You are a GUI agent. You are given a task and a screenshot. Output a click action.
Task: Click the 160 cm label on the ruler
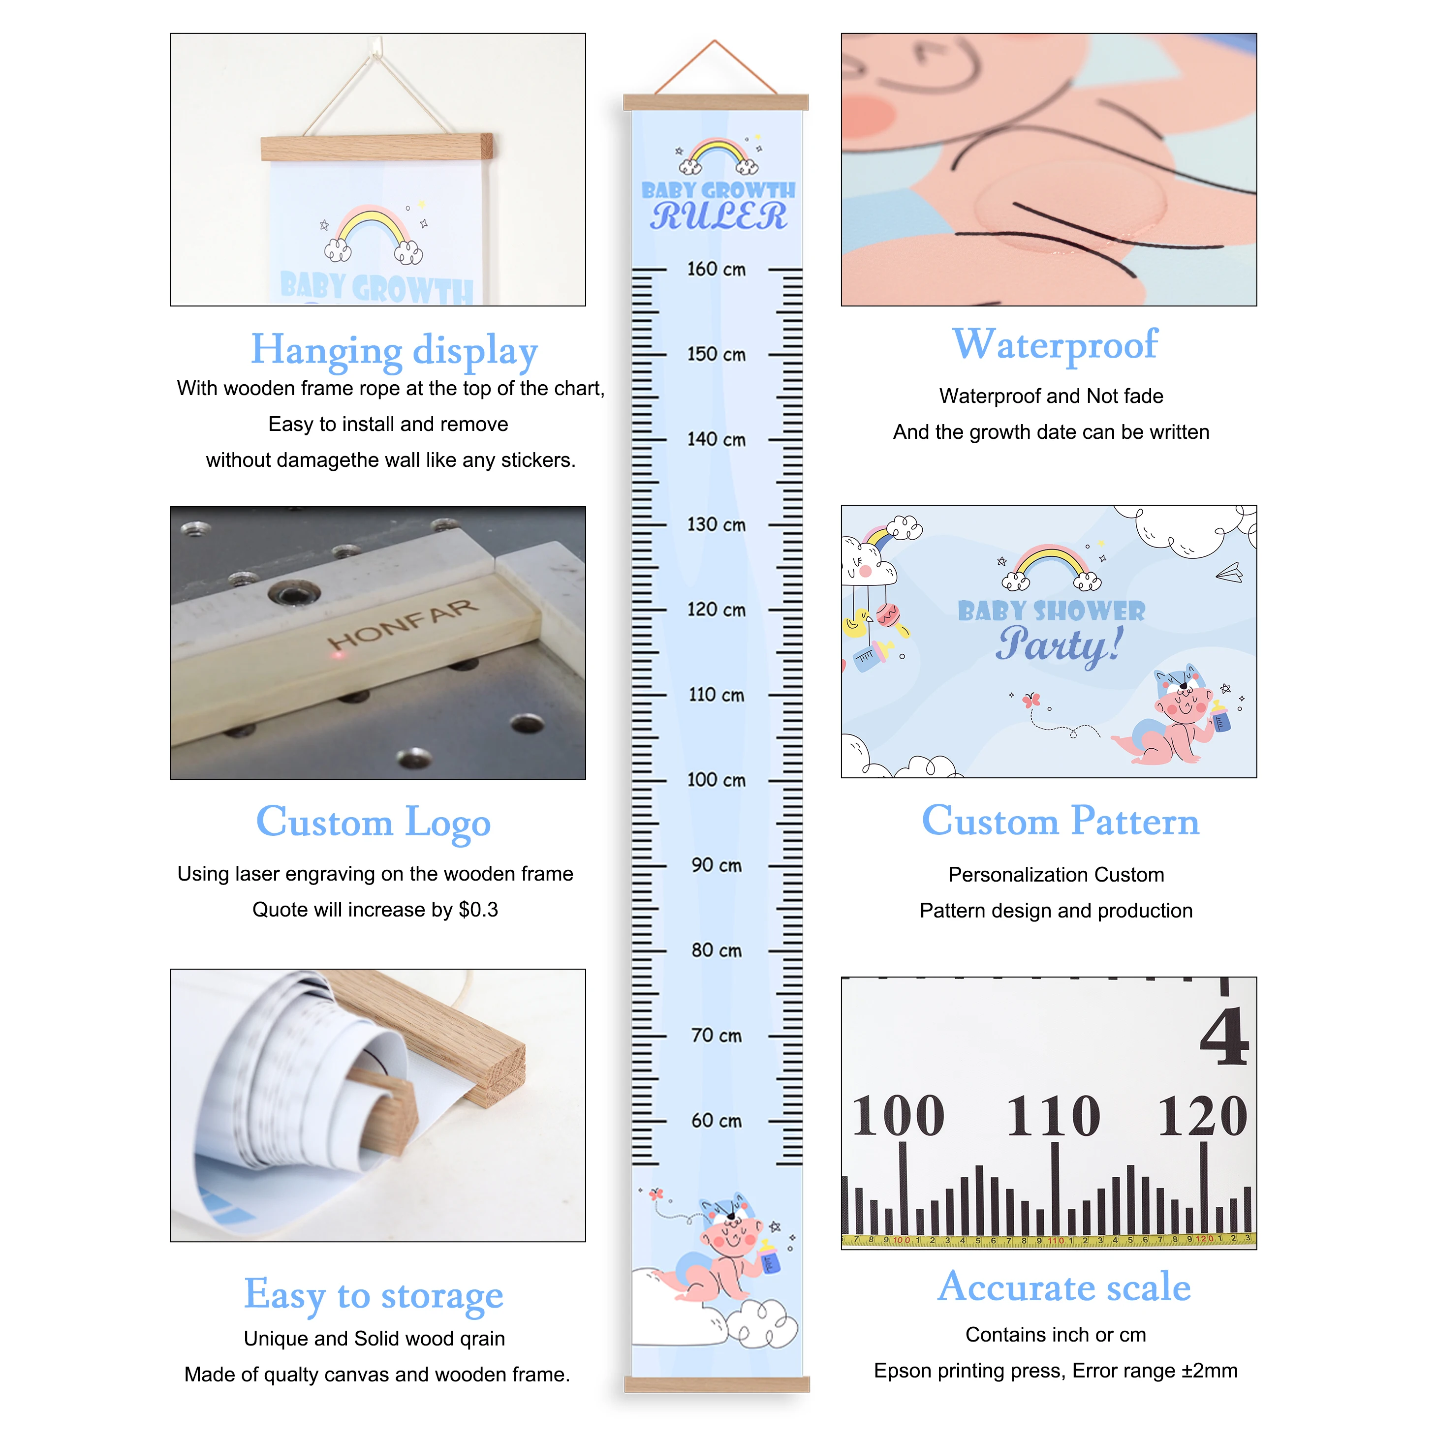click(716, 269)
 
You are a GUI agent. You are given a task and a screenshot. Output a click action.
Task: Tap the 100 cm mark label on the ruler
click(716, 780)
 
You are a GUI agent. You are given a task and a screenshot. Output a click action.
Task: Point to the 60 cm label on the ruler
click(716, 1120)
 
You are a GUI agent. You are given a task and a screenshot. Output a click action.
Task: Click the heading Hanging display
click(394, 351)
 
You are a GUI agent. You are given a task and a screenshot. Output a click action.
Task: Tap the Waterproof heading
click(1055, 345)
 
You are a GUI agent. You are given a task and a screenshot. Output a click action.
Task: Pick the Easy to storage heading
click(374, 1295)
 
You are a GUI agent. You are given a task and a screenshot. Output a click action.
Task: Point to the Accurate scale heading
click(1063, 1287)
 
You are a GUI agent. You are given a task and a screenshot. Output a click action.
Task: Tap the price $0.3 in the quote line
click(478, 910)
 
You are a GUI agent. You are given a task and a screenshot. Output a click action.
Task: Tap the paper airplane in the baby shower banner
click(1230, 573)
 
